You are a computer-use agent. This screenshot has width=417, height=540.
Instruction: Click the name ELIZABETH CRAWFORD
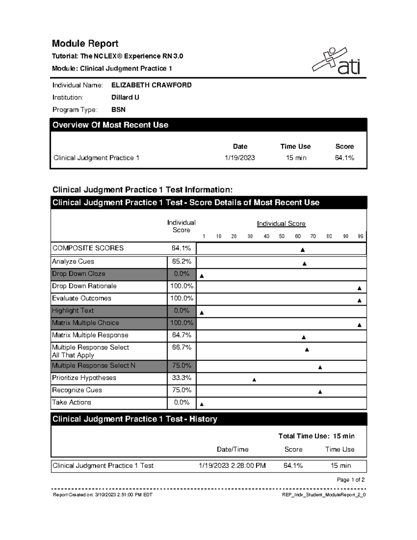pyautogui.click(x=151, y=85)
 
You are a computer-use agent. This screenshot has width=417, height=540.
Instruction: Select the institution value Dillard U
pyautogui.click(x=125, y=97)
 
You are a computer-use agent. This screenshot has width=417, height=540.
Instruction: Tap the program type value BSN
pyautogui.click(x=118, y=110)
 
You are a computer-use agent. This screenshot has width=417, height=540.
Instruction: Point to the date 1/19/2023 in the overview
pyautogui.click(x=240, y=158)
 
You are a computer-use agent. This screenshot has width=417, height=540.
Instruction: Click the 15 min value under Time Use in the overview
pyautogui.click(x=296, y=158)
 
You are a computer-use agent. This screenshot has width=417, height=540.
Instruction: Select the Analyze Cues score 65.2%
pyautogui.click(x=181, y=261)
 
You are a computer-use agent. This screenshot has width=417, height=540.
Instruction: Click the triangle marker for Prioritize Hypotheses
pyautogui.click(x=254, y=380)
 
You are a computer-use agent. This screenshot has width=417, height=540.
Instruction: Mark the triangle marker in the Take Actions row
pyautogui.click(x=202, y=404)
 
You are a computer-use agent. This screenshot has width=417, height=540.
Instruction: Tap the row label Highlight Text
pyautogui.click(x=73, y=311)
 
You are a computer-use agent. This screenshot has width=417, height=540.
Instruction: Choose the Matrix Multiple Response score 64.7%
pyautogui.click(x=181, y=335)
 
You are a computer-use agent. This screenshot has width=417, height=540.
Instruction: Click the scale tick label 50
pyautogui.click(x=281, y=236)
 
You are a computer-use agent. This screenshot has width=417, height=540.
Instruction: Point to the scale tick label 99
pyautogui.click(x=360, y=236)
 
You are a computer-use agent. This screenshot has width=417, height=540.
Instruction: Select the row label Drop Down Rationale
pyautogui.click(x=84, y=286)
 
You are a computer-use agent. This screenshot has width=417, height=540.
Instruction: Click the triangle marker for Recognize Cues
pyautogui.click(x=320, y=392)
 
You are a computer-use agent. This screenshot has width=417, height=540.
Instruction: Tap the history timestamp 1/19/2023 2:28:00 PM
pyautogui.click(x=232, y=466)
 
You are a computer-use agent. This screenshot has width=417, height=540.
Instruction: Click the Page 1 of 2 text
pyautogui.click(x=351, y=480)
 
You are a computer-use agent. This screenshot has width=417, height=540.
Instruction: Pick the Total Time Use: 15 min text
pyautogui.click(x=316, y=436)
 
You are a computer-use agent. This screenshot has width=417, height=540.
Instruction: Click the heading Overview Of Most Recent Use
pyautogui.click(x=110, y=125)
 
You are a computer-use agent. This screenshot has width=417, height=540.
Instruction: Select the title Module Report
pyautogui.click(x=85, y=43)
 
